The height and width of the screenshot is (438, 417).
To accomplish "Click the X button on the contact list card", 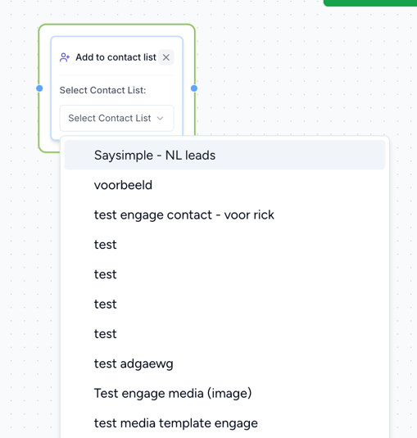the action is [x=166, y=57].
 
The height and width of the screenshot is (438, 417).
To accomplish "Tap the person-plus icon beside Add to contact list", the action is [x=65, y=57].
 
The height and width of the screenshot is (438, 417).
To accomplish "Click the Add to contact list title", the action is [x=116, y=57].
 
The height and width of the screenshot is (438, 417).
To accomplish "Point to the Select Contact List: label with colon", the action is [x=102, y=90].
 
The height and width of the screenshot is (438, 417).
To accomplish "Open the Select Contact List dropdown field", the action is [x=116, y=118].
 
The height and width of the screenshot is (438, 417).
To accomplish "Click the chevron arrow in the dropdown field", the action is [x=160, y=118].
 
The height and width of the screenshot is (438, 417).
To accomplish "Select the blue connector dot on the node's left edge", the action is [x=39, y=88].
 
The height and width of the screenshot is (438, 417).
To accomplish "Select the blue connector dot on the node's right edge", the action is [x=194, y=88].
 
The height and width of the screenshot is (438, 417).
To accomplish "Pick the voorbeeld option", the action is [x=123, y=185].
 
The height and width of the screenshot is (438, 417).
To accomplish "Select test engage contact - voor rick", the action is [x=184, y=214].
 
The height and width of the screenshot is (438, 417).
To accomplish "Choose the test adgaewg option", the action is [x=134, y=363].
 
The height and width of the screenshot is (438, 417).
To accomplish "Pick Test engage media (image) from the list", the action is [x=173, y=393].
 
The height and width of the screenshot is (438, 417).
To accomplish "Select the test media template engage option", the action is [x=176, y=423].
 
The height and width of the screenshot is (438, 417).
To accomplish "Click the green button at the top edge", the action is [x=370, y=2].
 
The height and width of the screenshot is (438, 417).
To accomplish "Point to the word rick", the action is [x=264, y=214].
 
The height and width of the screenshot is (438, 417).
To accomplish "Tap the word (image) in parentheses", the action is [x=229, y=393].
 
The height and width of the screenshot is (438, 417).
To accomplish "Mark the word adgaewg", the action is [x=147, y=364].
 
